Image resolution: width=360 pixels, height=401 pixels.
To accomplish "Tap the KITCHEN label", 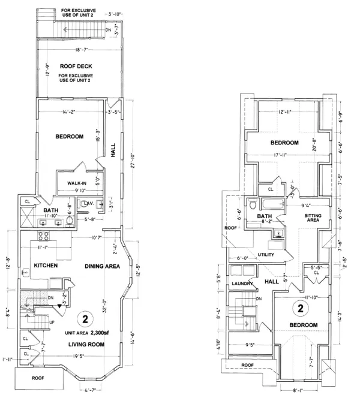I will click(45, 265).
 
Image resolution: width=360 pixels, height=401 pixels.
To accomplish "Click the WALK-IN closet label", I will click(77, 183).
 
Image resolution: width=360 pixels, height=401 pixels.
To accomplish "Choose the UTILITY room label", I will click(266, 255).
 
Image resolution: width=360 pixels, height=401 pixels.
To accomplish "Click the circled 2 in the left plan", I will click(86, 318).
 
